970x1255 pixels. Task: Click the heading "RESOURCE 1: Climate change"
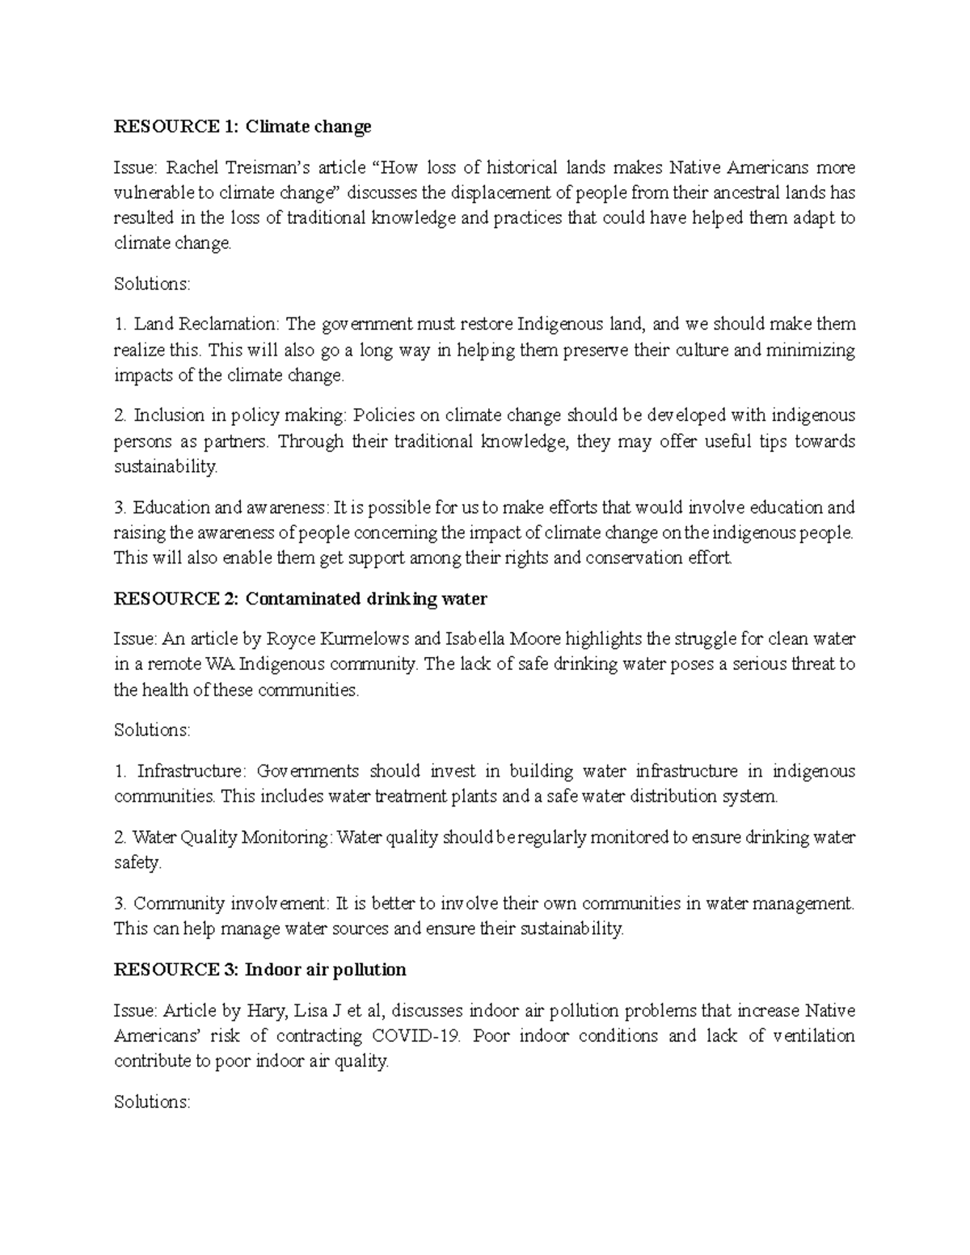click(x=242, y=126)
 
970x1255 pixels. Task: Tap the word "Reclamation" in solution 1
click(x=205, y=324)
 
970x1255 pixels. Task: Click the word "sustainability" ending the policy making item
click(x=165, y=466)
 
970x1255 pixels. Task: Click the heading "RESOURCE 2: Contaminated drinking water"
click(x=301, y=599)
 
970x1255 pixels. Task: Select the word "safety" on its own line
click(x=137, y=862)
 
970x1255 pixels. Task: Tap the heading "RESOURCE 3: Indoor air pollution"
click(x=259, y=969)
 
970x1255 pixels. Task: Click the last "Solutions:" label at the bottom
click(x=152, y=1101)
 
